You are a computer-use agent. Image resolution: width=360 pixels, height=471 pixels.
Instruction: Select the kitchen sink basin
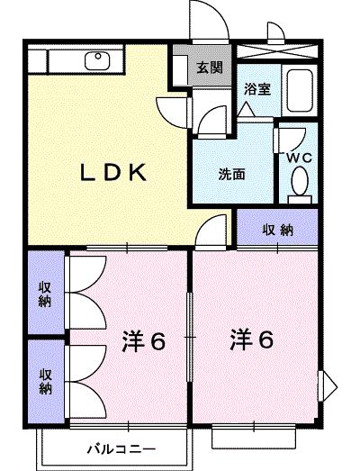(x=95, y=61)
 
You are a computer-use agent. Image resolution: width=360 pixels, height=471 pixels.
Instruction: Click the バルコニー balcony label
(x=122, y=448)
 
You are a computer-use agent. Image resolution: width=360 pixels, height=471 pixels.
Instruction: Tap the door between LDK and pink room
(x=209, y=232)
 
